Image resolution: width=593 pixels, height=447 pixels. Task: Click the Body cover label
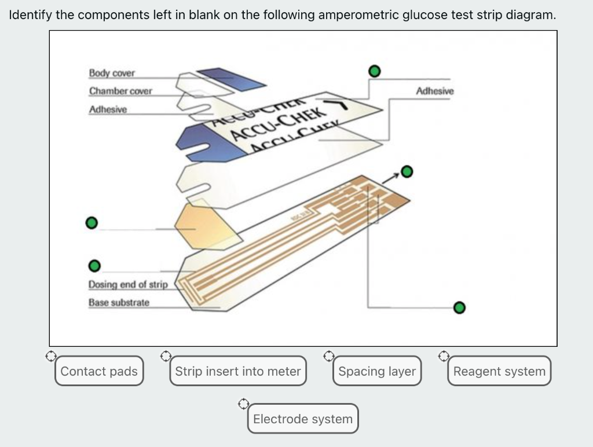point(112,74)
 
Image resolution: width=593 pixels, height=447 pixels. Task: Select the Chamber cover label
point(120,91)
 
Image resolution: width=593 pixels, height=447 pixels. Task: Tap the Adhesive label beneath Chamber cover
point(108,110)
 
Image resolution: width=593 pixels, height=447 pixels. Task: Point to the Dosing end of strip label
point(127,284)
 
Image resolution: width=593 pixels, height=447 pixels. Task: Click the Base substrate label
point(119,303)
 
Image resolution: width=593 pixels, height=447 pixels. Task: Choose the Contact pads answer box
point(99,371)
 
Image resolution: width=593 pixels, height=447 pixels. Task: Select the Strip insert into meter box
point(238,371)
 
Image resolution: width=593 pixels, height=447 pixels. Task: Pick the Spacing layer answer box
point(377,371)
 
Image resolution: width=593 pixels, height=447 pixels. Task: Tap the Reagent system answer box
point(499,371)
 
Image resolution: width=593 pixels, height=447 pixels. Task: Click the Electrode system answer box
point(303,419)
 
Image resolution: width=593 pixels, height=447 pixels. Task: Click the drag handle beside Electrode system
point(244,401)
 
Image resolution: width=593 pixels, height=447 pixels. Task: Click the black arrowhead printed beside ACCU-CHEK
point(343,105)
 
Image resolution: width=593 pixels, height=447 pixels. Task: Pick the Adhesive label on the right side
point(435,91)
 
